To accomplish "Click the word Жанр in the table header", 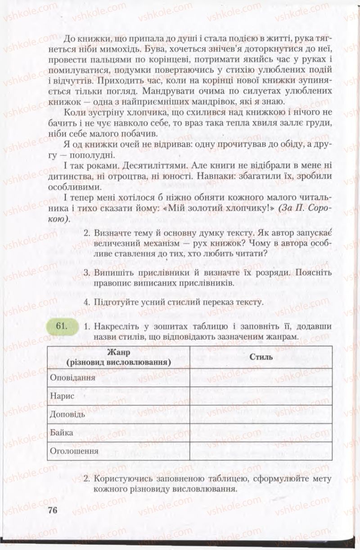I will point(118,352).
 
